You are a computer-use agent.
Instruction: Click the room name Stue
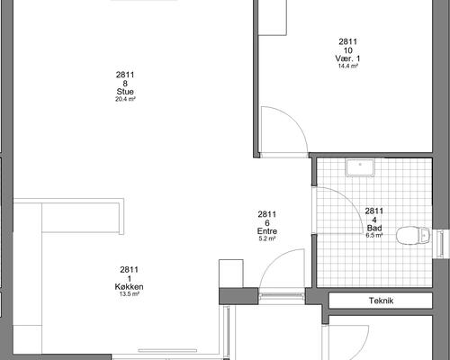[125, 92]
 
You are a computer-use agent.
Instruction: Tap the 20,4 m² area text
[125, 99]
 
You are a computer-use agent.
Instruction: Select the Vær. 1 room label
[347, 58]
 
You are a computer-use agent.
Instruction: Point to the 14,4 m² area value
[348, 66]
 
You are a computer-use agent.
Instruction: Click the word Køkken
[129, 286]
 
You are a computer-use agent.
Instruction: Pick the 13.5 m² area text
[130, 294]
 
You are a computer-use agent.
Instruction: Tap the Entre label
[267, 231]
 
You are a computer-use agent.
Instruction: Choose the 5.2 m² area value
[267, 238]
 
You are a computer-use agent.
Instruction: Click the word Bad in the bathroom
[374, 228]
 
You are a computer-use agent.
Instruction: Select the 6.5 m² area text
[374, 236]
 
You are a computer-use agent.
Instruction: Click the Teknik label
[381, 301]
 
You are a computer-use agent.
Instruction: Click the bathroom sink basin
[360, 167]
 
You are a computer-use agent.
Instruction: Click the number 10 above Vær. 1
[347, 50]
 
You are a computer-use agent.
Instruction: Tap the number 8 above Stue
[125, 84]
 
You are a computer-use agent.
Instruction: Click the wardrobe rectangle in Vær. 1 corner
[273, 17]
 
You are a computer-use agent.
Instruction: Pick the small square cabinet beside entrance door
[231, 274]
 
